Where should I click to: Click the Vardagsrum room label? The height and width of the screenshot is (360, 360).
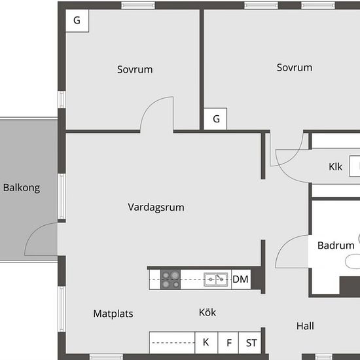pyautogui.click(x=156, y=207)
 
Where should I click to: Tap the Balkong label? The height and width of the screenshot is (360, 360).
pyautogui.click(x=22, y=188)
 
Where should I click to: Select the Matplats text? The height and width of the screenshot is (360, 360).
pyautogui.click(x=113, y=314)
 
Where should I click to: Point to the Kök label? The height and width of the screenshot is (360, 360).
pyautogui.click(x=207, y=312)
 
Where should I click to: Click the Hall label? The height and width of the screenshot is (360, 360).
pyautogui.click(x=305, y=326)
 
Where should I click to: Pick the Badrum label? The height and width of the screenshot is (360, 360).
pyautogui.click(x=336, y=245)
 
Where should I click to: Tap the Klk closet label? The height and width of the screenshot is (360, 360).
pyautogui.click(x=335, y=167)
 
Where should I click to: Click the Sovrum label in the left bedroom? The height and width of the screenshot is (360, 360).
pyautogui.click(x=135, y=69)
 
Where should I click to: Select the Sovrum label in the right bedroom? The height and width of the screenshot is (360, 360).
pyautogui.click(x=295, y=67)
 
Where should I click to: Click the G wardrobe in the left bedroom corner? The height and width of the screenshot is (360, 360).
pyautogui.click(x=77, y=21)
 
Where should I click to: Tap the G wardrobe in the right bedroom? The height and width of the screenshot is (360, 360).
pyautogui.click(x=215, y=119)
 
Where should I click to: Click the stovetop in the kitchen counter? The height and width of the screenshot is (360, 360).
pyautogui.click(x=170, y=279)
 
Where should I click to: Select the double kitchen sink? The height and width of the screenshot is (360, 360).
pyautogui.click(x=216, y=279)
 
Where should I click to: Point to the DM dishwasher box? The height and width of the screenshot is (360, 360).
pyautogui.click(x=241, y=279)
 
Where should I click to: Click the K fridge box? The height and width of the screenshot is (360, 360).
pyautogui.click(x=206, y=342)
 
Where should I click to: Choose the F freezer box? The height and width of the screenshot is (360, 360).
pyautogui.click(x=228, y=342)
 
